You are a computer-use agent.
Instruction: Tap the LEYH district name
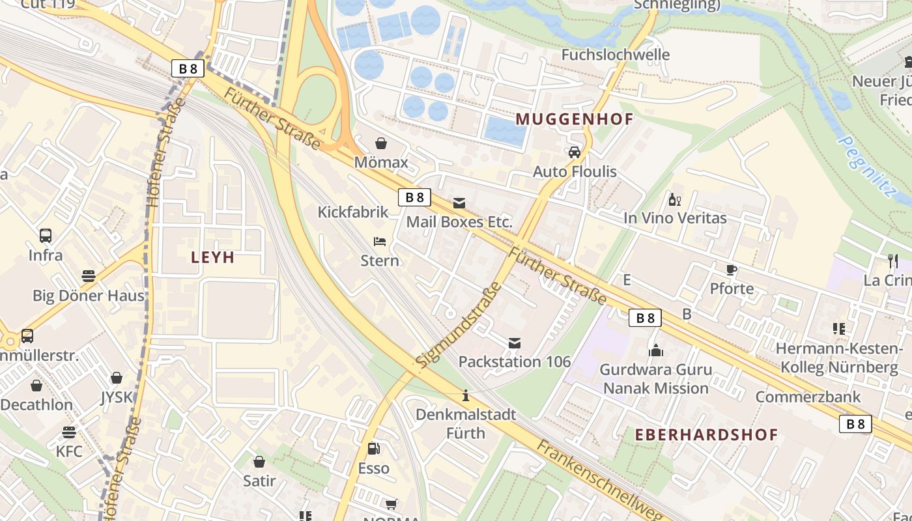pyautogui.click(x=213, y=257)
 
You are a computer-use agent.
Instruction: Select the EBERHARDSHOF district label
pyautogui.click(x=706, y=434)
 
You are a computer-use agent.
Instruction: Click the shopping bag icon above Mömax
pyautogui.click(x=381, y=143)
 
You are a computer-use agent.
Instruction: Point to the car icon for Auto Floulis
pyautogui.click(x=574, y=152)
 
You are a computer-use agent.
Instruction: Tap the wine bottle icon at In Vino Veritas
pyautogui.click(x=674, y=199)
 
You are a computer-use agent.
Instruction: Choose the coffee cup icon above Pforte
pyautogui.click(x=732, y=270)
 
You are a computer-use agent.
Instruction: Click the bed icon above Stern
pyautogui.click(x=380, y=242)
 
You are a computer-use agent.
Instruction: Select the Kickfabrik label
pyautogui.click(x=352, y=212)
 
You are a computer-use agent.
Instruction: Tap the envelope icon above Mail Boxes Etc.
pyautogui.click(x=459, y=203)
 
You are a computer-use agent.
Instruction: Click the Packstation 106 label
pyautogui.click(x=514, y=361)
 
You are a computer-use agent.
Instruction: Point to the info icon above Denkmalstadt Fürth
pyautogui.click(x=465, y=395)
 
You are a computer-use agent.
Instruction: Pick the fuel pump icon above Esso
pyautogui.click(x=373, y=449)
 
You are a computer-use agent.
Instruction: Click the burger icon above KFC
pyautogui.click(x=69, y=432)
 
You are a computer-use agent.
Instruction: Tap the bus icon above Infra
pyautogui.click(x=46, y=236)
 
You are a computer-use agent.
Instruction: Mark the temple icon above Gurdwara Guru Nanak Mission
pyautogui.click(x=655, y=350)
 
